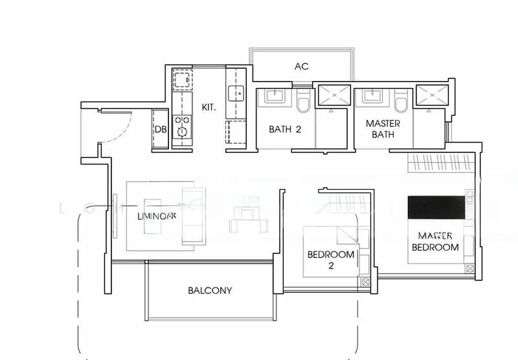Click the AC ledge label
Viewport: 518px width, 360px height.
tap(301, 67)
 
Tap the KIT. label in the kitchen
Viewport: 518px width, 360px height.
tap(208, 106)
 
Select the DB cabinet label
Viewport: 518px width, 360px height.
tap(161, 129)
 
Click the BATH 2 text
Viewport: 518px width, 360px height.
tap(286, 129)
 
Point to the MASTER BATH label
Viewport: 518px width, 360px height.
tap(383, 129)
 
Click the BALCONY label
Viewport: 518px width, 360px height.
tap(210, 291)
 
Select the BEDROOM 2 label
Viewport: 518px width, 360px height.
tap(330, 260)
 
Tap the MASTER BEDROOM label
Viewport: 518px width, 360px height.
tap(438, 241)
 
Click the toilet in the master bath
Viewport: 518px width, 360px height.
tap(400, 103)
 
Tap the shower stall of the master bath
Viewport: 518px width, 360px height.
tap(431, 95)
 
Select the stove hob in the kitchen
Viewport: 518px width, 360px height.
tap(182, 124)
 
